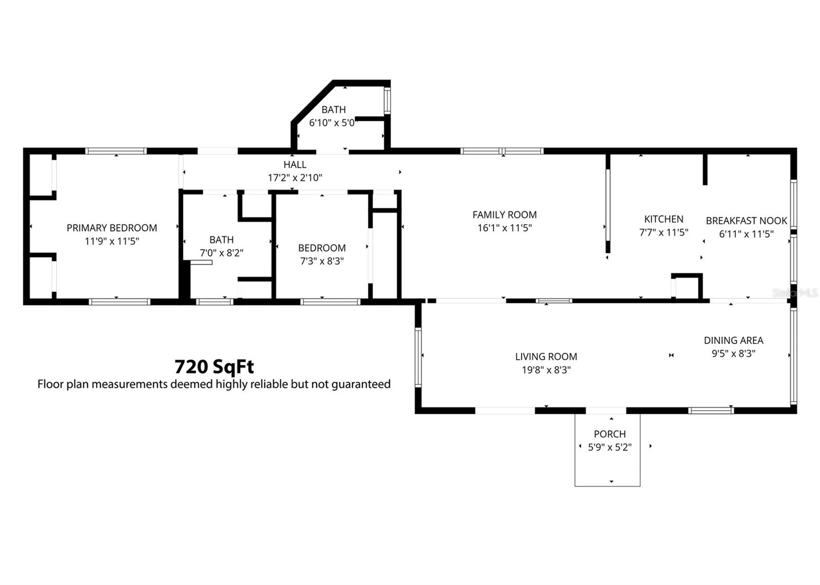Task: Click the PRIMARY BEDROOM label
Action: click(112, 228)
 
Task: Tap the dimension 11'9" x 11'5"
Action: click(112, 241)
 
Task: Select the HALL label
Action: click(295, 165)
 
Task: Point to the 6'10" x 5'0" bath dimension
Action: click(332, 123)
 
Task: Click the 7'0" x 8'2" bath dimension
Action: click(221, 253)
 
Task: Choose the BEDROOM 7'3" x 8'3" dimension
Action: click(322, 261)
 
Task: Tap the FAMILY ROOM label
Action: click(504, 215)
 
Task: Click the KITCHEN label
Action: click(663, 219)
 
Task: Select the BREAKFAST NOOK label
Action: click(746, 221)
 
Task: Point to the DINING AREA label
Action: click(733, 340)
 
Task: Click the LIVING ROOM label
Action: click(546, 356)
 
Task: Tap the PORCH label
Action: click(609, 434)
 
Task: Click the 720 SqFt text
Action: click(214, 367)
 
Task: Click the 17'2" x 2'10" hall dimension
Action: click(295, 178)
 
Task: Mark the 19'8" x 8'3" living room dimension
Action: click(546, 370)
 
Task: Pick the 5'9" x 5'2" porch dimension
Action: click(609, 447)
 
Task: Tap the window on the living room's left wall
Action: click(418, 356)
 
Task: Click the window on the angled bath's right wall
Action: click(387, 100)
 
